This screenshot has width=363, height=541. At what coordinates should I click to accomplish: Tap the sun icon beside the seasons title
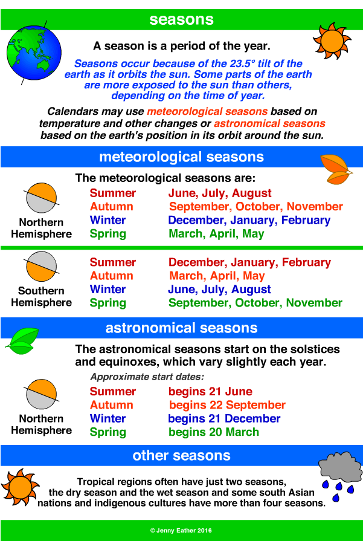(x=332, y=39)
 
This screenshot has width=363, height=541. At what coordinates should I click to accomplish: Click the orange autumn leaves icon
(x=336, y=169)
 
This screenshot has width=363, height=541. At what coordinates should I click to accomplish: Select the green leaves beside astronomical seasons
(x=22, y=341)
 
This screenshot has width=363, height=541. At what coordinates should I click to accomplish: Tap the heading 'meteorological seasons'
(x=181, y=157)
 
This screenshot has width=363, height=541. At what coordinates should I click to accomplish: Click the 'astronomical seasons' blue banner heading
(x=181, y=328)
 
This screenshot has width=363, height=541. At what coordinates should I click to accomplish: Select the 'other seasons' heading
(x=181, y=455)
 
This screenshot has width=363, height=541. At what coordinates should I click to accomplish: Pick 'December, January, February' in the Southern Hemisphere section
(x=249, y=262)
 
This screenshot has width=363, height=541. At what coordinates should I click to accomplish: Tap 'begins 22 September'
(x=227, y=405)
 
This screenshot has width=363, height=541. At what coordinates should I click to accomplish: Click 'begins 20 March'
(x=214, y=432)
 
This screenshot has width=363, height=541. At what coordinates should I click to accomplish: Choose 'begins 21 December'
(x=224, y=418)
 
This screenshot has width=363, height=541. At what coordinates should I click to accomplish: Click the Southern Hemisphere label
(x=41, y=297)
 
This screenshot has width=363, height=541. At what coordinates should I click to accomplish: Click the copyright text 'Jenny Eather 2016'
(x=181, y=530)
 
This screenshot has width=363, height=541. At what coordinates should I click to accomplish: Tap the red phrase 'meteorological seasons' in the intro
(x=207, y=112)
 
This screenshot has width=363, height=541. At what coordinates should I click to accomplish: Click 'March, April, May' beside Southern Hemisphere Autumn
(x=217, y=276)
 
